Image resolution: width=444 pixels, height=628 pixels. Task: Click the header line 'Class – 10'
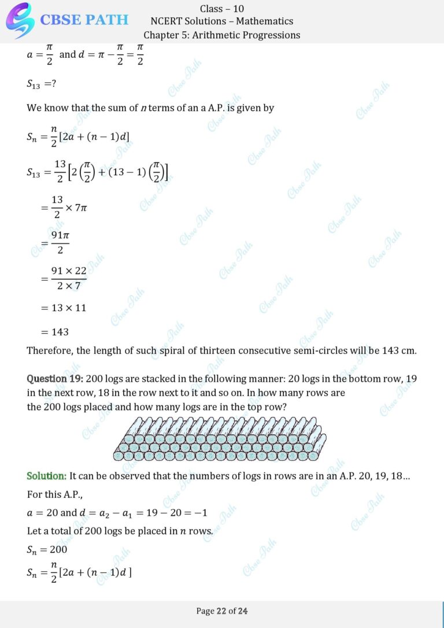point(221,8)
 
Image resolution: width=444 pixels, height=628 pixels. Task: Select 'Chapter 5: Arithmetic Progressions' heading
point(221,35)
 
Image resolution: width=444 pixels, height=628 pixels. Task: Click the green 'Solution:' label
point(47,476)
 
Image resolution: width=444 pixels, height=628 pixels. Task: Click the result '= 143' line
point(55,332)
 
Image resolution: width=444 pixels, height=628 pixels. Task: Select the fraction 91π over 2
point(60,243)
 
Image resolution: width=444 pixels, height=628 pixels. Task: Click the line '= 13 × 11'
point(64,308)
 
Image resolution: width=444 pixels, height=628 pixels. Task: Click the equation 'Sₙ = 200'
point(47,549)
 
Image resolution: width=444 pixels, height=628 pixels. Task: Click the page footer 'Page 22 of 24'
point(222,611)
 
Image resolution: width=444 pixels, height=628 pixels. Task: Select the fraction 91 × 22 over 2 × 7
point(68,278)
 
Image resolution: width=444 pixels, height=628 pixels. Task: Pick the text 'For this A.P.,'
point(55,495)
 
